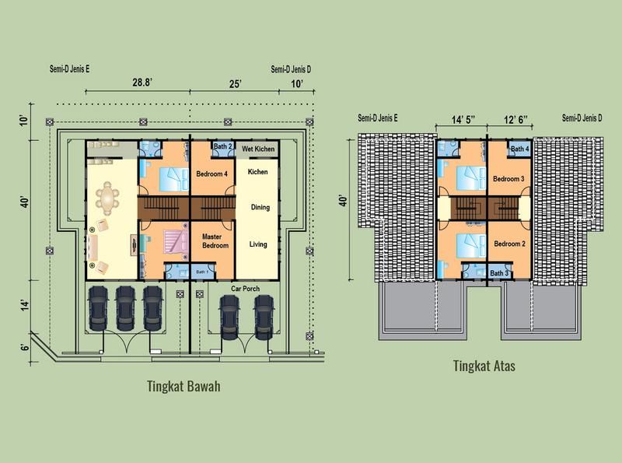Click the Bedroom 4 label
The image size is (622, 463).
coord(211,174)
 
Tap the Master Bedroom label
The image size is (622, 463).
coord(215,241)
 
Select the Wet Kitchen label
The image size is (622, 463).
coord(258,149)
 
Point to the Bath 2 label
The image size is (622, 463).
coord(222,146)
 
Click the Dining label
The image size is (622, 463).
coord(260,207)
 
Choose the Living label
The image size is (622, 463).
coord(258,244)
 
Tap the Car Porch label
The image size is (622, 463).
coord(245,289)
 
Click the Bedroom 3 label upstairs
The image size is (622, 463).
coord(508,179)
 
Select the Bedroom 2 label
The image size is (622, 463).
coord(509,244)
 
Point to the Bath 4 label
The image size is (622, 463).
coord(519,149)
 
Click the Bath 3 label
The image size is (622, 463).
coord(499,273)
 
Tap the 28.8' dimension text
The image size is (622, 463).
coord(142,82)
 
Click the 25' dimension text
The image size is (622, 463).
coord(236,84)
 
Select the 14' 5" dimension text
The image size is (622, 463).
coord(463,119)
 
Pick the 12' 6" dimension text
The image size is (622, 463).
coord(515,119)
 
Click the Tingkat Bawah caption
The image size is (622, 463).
coord(183,386)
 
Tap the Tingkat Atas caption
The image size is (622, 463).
coord(484,366)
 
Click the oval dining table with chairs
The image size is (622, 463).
coord(107,198)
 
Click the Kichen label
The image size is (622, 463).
coord(257,171)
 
